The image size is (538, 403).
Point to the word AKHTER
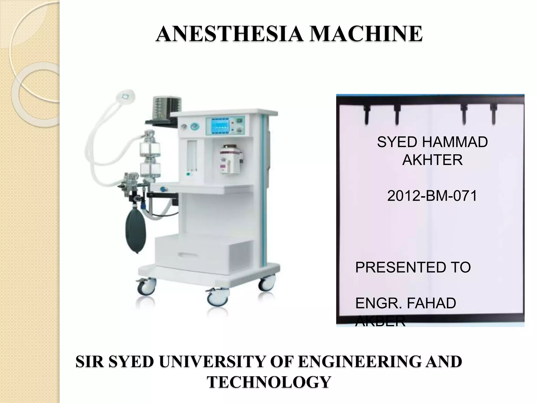pos(432,160)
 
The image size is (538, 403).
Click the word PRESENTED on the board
pos(397,268)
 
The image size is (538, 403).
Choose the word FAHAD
pos(431,303)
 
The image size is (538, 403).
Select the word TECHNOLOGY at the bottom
pos(269,382)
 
